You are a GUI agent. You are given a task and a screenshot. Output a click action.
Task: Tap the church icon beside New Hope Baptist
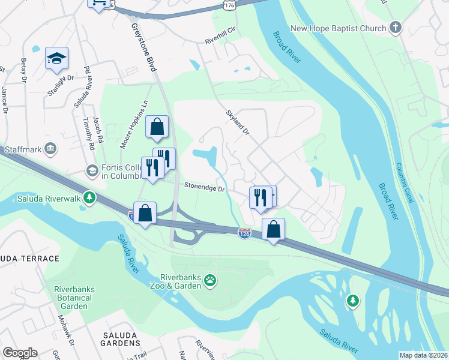coord(395,27)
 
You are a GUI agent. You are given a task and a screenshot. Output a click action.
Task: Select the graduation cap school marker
coord(56,58)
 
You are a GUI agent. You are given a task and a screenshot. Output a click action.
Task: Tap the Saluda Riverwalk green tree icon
coord(89,197)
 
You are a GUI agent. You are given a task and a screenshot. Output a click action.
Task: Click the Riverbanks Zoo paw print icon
coord(209,280)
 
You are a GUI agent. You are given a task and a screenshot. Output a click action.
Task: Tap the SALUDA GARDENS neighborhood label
coord(115,343)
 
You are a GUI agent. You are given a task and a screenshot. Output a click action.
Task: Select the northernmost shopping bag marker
coord(157,127)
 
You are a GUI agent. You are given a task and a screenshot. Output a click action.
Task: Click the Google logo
coord(20,353)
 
